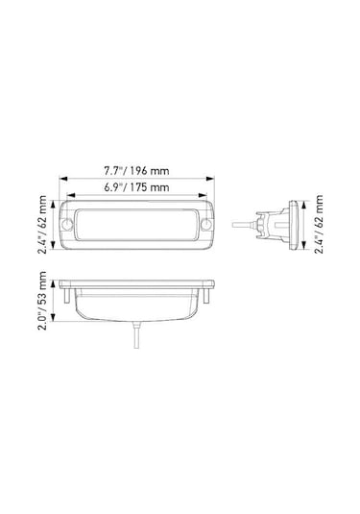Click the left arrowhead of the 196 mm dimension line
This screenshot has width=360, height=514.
(x=61, y=179)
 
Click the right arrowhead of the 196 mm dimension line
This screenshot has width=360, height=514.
(x=213, y=179)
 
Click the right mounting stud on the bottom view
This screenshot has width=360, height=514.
(x=209, y=297)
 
